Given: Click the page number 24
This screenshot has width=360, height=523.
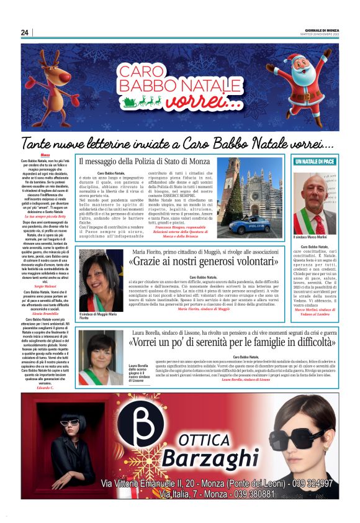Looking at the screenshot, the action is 25,33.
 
